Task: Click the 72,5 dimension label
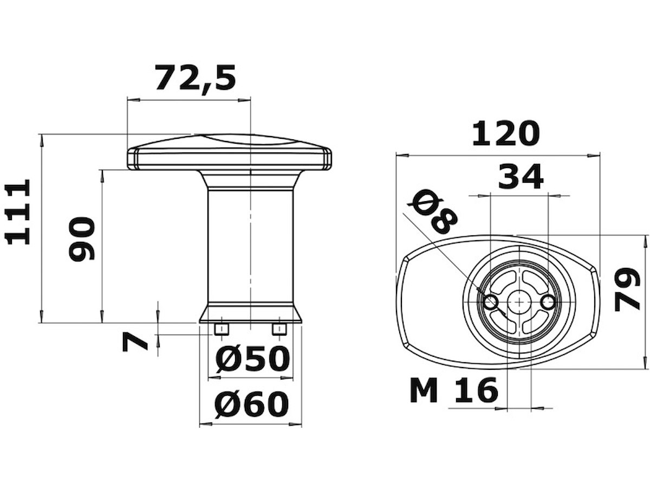tap(196, 78)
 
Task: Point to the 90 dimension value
tap(82, 239)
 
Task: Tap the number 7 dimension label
tap(135, 342)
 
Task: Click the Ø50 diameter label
tap(252, 359)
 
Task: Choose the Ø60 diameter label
tap(251, 404)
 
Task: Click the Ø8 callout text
tap(434, 212)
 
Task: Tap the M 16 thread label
tap(454, 390)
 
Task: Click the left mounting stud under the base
tap(222, 329)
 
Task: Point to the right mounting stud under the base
tap(279, 329)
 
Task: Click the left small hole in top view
tap(491, 302)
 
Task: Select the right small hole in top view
tap(549, 302)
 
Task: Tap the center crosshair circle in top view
tap(519, 301)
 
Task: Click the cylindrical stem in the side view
tap(251, 244)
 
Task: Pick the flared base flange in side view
tap(251, 313)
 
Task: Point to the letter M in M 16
tap(424, 390)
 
